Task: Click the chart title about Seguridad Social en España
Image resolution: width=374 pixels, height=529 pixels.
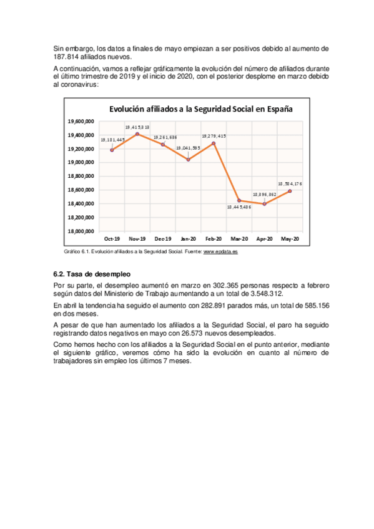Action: click(200, 109)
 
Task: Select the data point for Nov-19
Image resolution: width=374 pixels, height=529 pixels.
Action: click(137, 133)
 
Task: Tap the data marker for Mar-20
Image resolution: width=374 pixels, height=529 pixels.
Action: click(239, 200)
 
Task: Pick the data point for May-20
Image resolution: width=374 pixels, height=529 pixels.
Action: click(290, 191)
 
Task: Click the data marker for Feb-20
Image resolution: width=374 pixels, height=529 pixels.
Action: click(214, 143)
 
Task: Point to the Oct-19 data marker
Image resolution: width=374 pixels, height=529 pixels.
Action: click(112, 150)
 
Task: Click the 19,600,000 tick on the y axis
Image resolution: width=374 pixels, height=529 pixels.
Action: click(81, 121)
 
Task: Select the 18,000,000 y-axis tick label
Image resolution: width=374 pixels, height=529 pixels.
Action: click(81, 231)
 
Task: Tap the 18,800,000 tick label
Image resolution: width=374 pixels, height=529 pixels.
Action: click(81, 176)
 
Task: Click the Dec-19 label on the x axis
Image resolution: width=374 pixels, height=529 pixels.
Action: click(162, 239)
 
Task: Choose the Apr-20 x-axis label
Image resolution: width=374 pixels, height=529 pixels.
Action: click(264, 239)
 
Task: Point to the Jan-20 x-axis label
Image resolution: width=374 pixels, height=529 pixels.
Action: click(188, 239)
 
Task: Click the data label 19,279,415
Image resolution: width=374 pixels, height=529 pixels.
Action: click(214, 136)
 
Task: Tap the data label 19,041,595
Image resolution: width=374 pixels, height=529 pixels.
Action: click(188, 148)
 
